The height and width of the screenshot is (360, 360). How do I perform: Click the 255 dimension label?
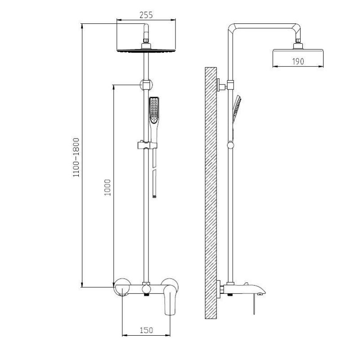(x=146, y=15)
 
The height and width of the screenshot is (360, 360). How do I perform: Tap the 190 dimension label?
(x=298, y=61)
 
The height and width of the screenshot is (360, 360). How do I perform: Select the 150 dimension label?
(x=146, y=330)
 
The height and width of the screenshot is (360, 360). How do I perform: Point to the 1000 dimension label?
(x=108, y=187)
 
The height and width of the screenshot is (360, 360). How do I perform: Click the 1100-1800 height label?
(x=76, y=157)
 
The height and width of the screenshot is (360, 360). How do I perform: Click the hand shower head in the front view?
(x=154, y=111)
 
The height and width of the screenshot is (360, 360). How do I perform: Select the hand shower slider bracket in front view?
(x=147, y=145)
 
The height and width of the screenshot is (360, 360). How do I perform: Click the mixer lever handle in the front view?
(x=171, y=300)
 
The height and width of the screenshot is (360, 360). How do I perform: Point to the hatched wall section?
(x=211, y=193)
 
